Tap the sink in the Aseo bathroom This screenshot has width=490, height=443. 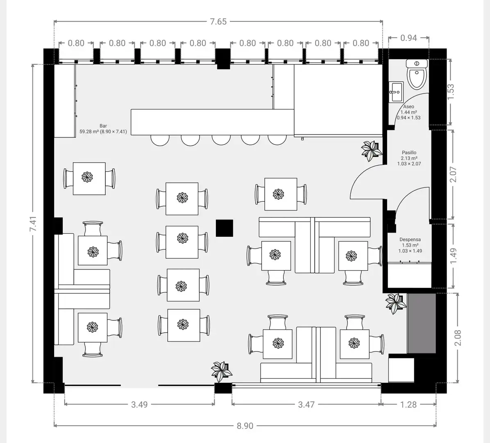pyautogui.click(x=396, y=91)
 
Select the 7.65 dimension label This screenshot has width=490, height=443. pyautogui.click(x=218, y=22)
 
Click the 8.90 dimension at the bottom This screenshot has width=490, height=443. pyautogui.click(x=245, y=426)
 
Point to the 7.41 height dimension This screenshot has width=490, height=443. pyautogui.click(x=33, y=224)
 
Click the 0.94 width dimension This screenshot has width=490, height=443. pyautogui.click(x=408, y=38)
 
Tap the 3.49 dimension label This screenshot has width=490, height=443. pyautogui.click(x=139, y=404)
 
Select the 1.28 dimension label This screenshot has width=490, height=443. pyautogui.click(x=408, y=404)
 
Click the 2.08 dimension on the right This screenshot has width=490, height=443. pyautogui.click(x=458, y=338)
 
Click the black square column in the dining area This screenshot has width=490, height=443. pyautogui.click(x=225, y=228)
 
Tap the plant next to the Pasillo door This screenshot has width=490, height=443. pyautogui.click(x=371, y=151)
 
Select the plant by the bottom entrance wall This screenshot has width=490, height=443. pyautogui.click(x=222, y=371)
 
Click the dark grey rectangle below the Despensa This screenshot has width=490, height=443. pyautogui.click(x=421, y=323)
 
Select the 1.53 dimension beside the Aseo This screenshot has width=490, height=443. pyautogui.click(x=451, y=91)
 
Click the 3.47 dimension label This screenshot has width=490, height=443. pyautogui.click(x=306, y=404)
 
